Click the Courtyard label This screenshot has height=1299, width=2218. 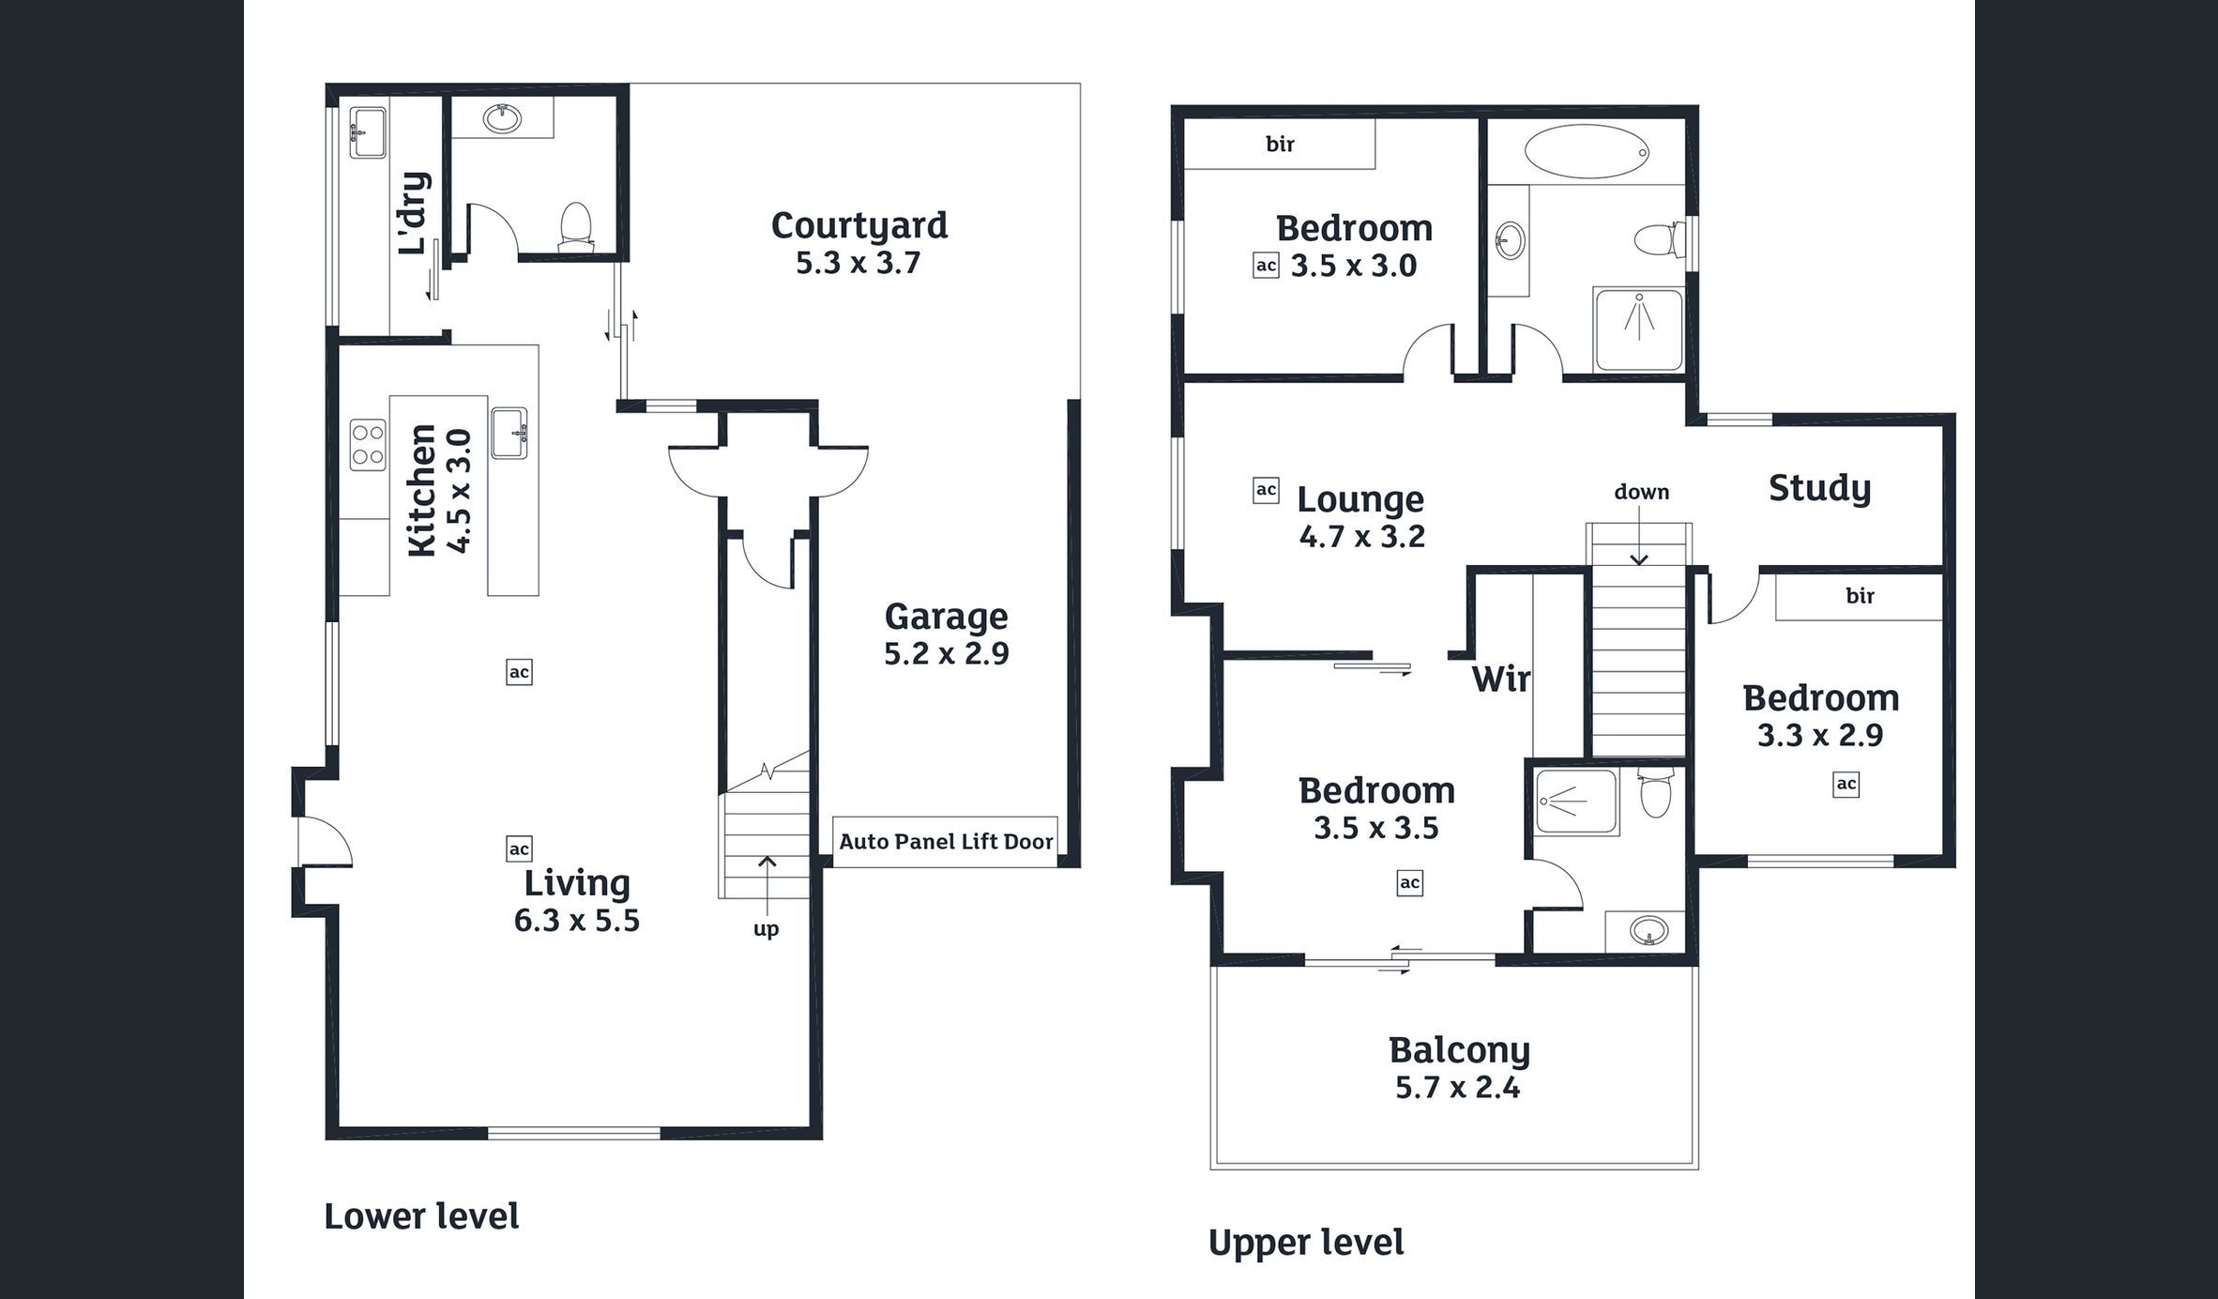pyautogui.click(x=859, y=226)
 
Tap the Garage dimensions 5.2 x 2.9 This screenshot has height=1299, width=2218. pyautogui.click(x=946, y=653)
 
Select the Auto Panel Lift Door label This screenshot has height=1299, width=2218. pyautogui.click(x=946, y=841)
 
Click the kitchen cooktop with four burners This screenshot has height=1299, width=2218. pyautogui.click(x=368, y=445)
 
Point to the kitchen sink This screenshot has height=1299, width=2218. pyautogui.click(x=509, y=433)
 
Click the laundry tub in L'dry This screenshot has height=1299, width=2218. pyautogui.click(x=368, y=132)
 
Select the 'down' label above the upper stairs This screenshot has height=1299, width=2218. pyautogui.click(x=1641, y=492)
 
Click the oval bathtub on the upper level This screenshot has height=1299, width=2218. pyautogui.click(x=1587, y=151)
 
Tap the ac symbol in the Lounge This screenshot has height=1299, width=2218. pyautogui.click(x=1266, y=490)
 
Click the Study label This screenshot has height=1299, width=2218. pyautogui.click(x=1819, y=488)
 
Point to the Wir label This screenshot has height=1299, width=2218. pyautogui.click(x=1500, y=679)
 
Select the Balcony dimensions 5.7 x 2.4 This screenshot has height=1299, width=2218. pyautogui.click(x=1457, y=1088)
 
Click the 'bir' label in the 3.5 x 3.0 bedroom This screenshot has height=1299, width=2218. pyautogui.click(x=1280, y=144)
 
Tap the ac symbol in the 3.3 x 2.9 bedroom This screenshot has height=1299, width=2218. pyautogui.click(x=1846, y=784)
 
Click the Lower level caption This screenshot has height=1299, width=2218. pyautogui.click(x=421, y=1216)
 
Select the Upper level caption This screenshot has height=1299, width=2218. pyautogui.click(x=1306, y=1243)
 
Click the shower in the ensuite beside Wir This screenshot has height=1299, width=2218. pyautogui.click(x=1577, y=802)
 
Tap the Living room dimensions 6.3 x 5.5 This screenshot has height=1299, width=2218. pyautogui.click(x=576, y=921)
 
